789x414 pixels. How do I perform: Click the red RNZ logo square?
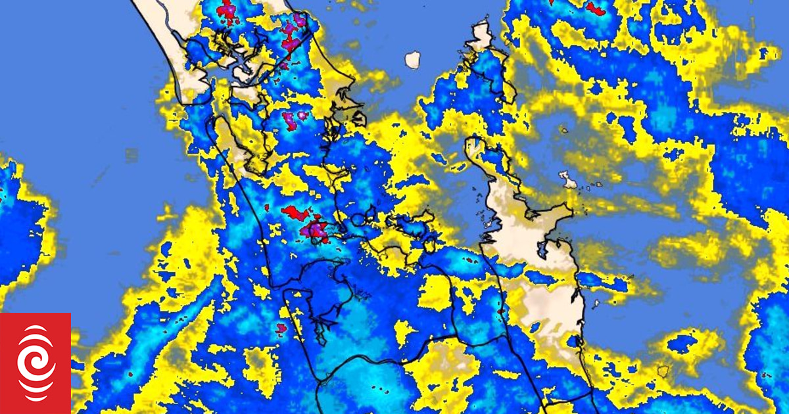click(36, 363)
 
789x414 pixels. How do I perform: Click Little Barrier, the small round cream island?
click(412, 60)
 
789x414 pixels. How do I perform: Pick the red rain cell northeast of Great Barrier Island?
click(595, 9)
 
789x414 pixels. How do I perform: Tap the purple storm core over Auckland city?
click(317, 229)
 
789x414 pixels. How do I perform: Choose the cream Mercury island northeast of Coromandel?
click(566, 178)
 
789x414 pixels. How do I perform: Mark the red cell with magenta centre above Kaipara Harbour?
click(226, 9)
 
